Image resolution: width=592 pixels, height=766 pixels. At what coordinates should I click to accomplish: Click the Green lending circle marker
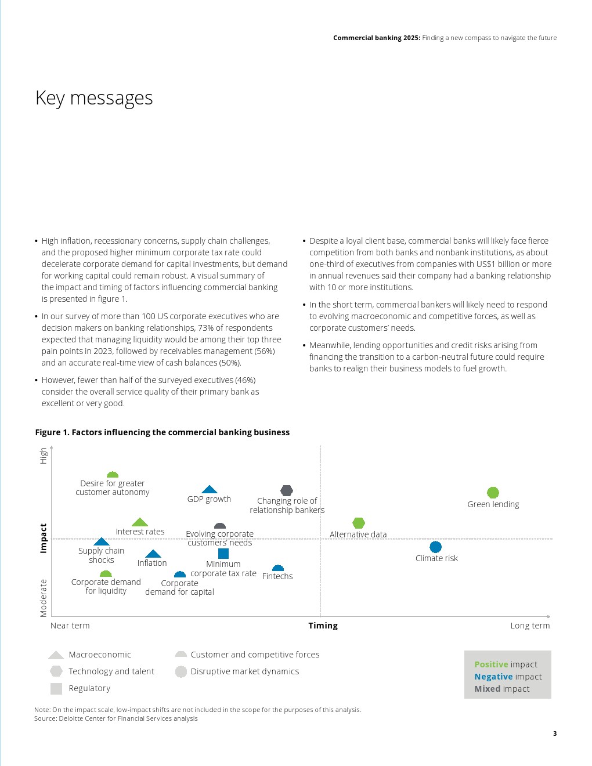tap(493, 493)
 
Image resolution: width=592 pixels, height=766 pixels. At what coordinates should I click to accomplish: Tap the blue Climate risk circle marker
tap(435, 547)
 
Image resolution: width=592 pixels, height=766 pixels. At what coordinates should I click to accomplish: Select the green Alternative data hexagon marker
tap(359, 523)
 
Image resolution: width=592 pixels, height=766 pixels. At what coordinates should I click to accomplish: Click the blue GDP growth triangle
tap(210, 490)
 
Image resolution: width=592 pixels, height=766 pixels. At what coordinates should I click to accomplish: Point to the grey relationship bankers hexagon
tap(287, 490)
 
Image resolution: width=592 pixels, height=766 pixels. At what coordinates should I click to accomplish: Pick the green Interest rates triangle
tap(140, 522)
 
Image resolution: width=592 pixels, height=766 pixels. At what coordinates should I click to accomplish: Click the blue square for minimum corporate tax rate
tap(223, 554)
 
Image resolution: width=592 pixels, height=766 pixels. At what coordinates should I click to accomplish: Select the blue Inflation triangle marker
tap(153, 554)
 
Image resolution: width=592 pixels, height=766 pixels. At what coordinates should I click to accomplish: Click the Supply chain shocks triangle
tap(102, 542)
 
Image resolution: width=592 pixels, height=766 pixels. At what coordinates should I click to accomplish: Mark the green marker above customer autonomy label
tap(113, 475)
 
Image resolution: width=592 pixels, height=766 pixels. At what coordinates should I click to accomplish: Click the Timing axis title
tap(323, 626)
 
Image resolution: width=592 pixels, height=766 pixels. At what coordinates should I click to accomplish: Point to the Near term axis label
tap(70, 626)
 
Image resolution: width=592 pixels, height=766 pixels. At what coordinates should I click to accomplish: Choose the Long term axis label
tap(530, 626)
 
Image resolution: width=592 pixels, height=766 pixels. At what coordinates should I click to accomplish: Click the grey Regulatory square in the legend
tap(56, 689)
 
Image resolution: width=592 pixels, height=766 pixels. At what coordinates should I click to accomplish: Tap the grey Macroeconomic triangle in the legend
tap(56, 655)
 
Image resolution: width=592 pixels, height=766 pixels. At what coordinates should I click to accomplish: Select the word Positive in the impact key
tap(491, 664)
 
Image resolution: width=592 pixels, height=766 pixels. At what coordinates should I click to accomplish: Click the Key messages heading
tap(94, 98)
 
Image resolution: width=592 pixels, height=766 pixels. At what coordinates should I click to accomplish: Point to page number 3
tap(555, 734)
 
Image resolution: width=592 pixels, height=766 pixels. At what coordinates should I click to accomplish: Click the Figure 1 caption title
tap(163, 432)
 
